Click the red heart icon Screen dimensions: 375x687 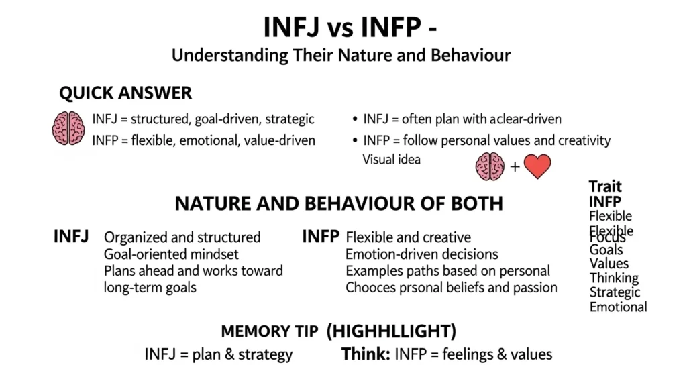[537, 166]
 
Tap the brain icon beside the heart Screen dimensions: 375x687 [490, 166]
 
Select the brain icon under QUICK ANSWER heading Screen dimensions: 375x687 [68, 128]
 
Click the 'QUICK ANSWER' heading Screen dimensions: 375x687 [125, 93]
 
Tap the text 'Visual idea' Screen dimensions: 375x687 [392, 160]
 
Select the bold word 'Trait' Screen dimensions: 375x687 [605, 186]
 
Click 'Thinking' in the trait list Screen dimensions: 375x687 [614, 278]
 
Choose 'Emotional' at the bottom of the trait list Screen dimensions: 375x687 [618, 307]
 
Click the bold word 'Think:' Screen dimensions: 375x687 [366, 354]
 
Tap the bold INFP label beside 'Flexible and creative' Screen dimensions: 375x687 [321, 236]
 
